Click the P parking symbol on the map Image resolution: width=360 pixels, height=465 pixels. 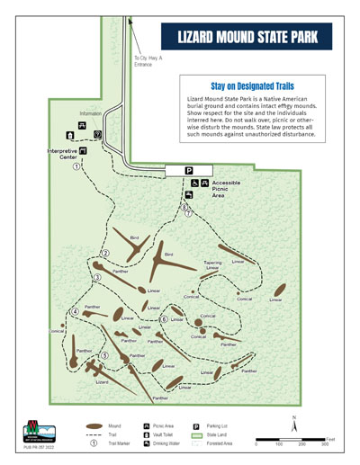(189, 170)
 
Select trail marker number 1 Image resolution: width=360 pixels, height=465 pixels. (76, 165)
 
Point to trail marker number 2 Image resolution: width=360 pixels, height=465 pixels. (105, 253)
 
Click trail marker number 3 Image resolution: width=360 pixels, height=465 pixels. (96, 277)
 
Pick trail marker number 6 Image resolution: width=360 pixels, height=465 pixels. (164, 319)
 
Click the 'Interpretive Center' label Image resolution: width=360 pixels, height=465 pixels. (61, 154)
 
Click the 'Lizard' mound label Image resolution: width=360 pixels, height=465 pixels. (103, 381)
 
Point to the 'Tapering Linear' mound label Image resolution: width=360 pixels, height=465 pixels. (212, 265)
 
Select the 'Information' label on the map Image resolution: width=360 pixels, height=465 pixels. (92, 113)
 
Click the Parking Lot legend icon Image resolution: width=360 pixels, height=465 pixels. (196, 425)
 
